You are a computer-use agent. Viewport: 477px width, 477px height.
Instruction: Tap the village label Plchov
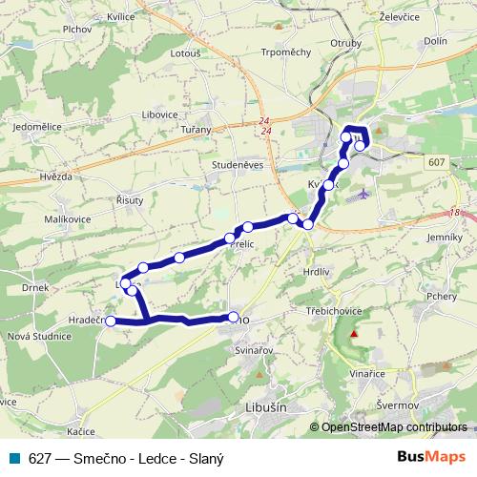[49, 30]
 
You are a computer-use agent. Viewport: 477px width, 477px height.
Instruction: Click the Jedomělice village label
[37, 126]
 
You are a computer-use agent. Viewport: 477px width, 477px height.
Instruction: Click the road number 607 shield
[438, 163]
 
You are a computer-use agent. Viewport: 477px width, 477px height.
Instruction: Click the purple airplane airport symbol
[363, 195]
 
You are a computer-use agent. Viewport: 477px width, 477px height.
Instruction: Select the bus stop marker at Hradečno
[110, 321]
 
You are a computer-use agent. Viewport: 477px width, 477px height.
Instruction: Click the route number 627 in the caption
[39, 457]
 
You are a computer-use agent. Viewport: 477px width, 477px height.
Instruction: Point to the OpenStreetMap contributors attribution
[394, 428]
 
